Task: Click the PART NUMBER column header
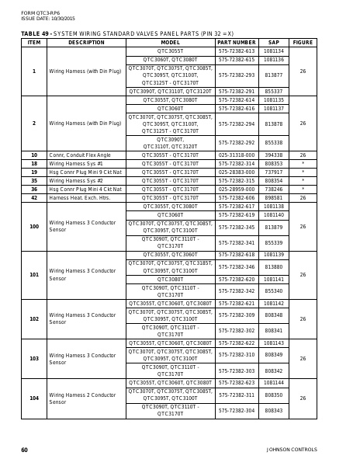coord(236,43)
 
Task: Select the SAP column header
coord(274,43)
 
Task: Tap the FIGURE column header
coord(303,43)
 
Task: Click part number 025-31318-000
coord(236,155)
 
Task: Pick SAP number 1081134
coord(274,50)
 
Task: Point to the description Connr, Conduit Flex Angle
coord(80,155)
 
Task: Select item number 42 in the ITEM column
coord(34,198)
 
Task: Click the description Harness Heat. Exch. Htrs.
coord(77,198)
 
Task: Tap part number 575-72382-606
coord(236,198)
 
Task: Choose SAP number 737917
coord(274,172)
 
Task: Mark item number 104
coord(34,398)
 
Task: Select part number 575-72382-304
coord(236,411)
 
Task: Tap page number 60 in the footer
coord(25,450)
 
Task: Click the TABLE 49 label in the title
coord(34,33)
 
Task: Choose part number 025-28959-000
coord(236,190)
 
